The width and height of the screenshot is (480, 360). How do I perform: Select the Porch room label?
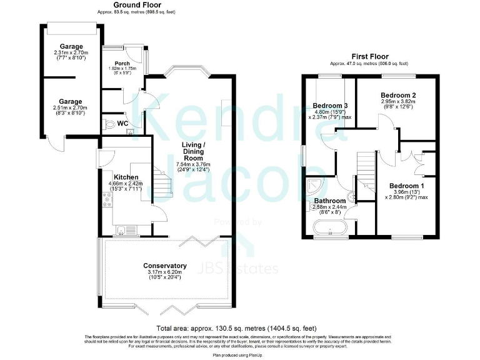coord(122,63)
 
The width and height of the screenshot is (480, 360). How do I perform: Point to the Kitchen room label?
coord(126,177)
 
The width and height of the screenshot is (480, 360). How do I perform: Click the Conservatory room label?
coord(165,266)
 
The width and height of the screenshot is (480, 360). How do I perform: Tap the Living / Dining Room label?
coord(194,152)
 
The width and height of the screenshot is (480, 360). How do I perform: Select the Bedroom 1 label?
coord(407,186)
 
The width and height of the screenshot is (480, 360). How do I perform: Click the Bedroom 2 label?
coord(399,95)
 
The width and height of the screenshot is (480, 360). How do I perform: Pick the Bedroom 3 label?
coord(330,105)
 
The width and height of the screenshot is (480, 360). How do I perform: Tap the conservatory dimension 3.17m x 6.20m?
coord(165,272)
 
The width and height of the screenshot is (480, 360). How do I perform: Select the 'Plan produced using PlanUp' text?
coord(239,354)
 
